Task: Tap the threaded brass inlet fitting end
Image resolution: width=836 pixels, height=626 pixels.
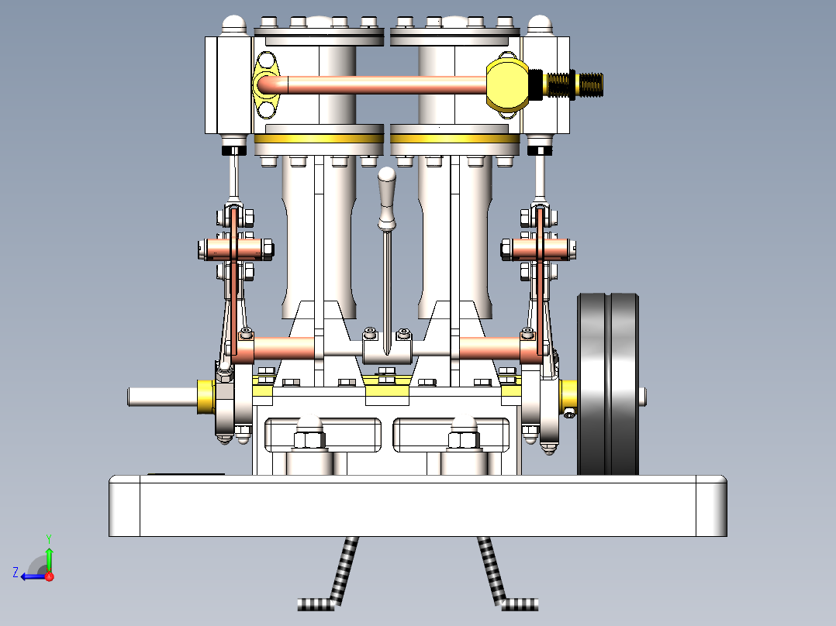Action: coord(589,84)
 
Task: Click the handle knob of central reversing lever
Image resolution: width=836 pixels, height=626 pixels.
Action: coord(387,187)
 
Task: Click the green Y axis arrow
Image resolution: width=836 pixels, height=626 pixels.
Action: coord(48,554)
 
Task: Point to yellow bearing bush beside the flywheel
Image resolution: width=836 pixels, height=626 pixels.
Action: coord(568,395)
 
